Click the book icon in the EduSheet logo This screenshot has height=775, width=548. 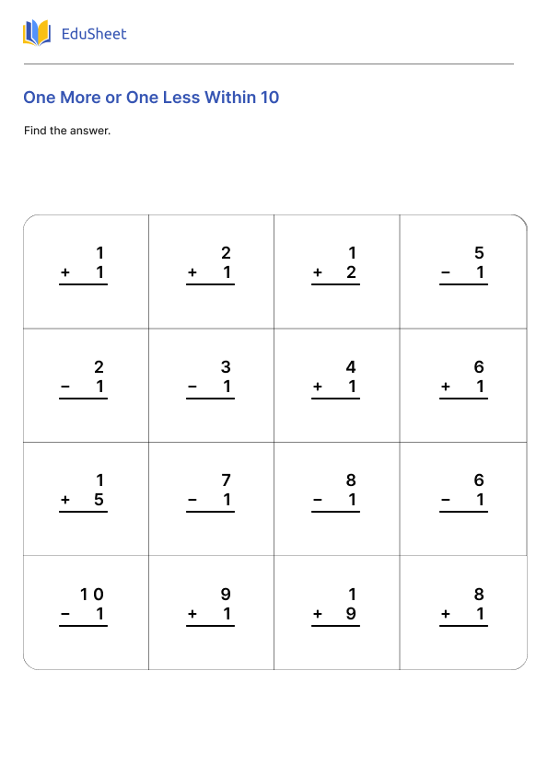[37, 34]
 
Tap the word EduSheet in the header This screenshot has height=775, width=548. [93, 34]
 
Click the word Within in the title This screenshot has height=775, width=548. [230, 98]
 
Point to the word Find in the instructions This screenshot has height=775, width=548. [34, 131]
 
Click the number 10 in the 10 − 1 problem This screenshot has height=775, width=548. [92, 595]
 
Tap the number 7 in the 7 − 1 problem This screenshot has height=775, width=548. [226, 480]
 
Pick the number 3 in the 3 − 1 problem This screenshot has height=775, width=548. [226, 367]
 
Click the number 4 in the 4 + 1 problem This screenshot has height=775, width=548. [351, 367]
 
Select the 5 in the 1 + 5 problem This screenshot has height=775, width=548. [99, 501]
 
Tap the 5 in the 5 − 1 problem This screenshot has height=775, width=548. [479, 253]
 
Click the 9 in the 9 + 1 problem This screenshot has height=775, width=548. [226, 595]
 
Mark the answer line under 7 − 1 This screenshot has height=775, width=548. [210, 512]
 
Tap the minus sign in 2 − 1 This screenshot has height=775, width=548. [65, 387]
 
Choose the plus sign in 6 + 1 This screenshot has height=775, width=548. [446, 387]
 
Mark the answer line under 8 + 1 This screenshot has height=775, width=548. [463, 626]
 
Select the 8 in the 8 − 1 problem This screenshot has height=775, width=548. [351, 480]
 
